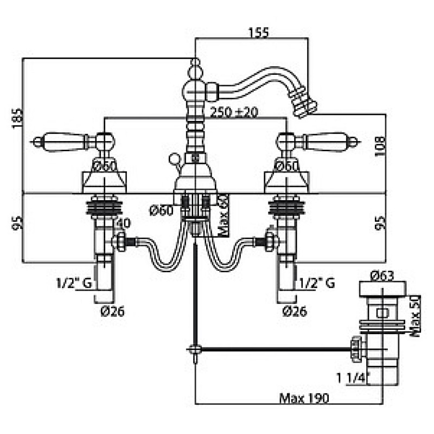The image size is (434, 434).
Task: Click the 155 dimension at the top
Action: click(259, 32)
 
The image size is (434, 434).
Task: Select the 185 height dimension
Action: click(17, 118)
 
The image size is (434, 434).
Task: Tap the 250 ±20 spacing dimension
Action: click(234, 112)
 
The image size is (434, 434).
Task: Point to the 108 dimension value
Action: click(380, 146)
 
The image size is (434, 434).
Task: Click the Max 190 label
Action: click(304, 398)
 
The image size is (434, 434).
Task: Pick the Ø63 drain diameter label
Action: click(382, 276)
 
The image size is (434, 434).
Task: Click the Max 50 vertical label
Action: click(415, 316)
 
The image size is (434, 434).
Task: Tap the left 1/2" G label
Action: click(74, 283)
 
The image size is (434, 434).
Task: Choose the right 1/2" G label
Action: click(317, 283)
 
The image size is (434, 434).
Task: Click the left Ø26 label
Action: click(113, 311)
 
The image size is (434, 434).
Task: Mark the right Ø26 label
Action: click(295, 311)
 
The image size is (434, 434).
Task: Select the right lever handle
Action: click(327, 141)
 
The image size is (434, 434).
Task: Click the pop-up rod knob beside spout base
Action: click(174, 158)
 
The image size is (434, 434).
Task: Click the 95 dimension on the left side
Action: click(17, 223)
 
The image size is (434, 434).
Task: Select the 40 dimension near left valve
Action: click(124, 224)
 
